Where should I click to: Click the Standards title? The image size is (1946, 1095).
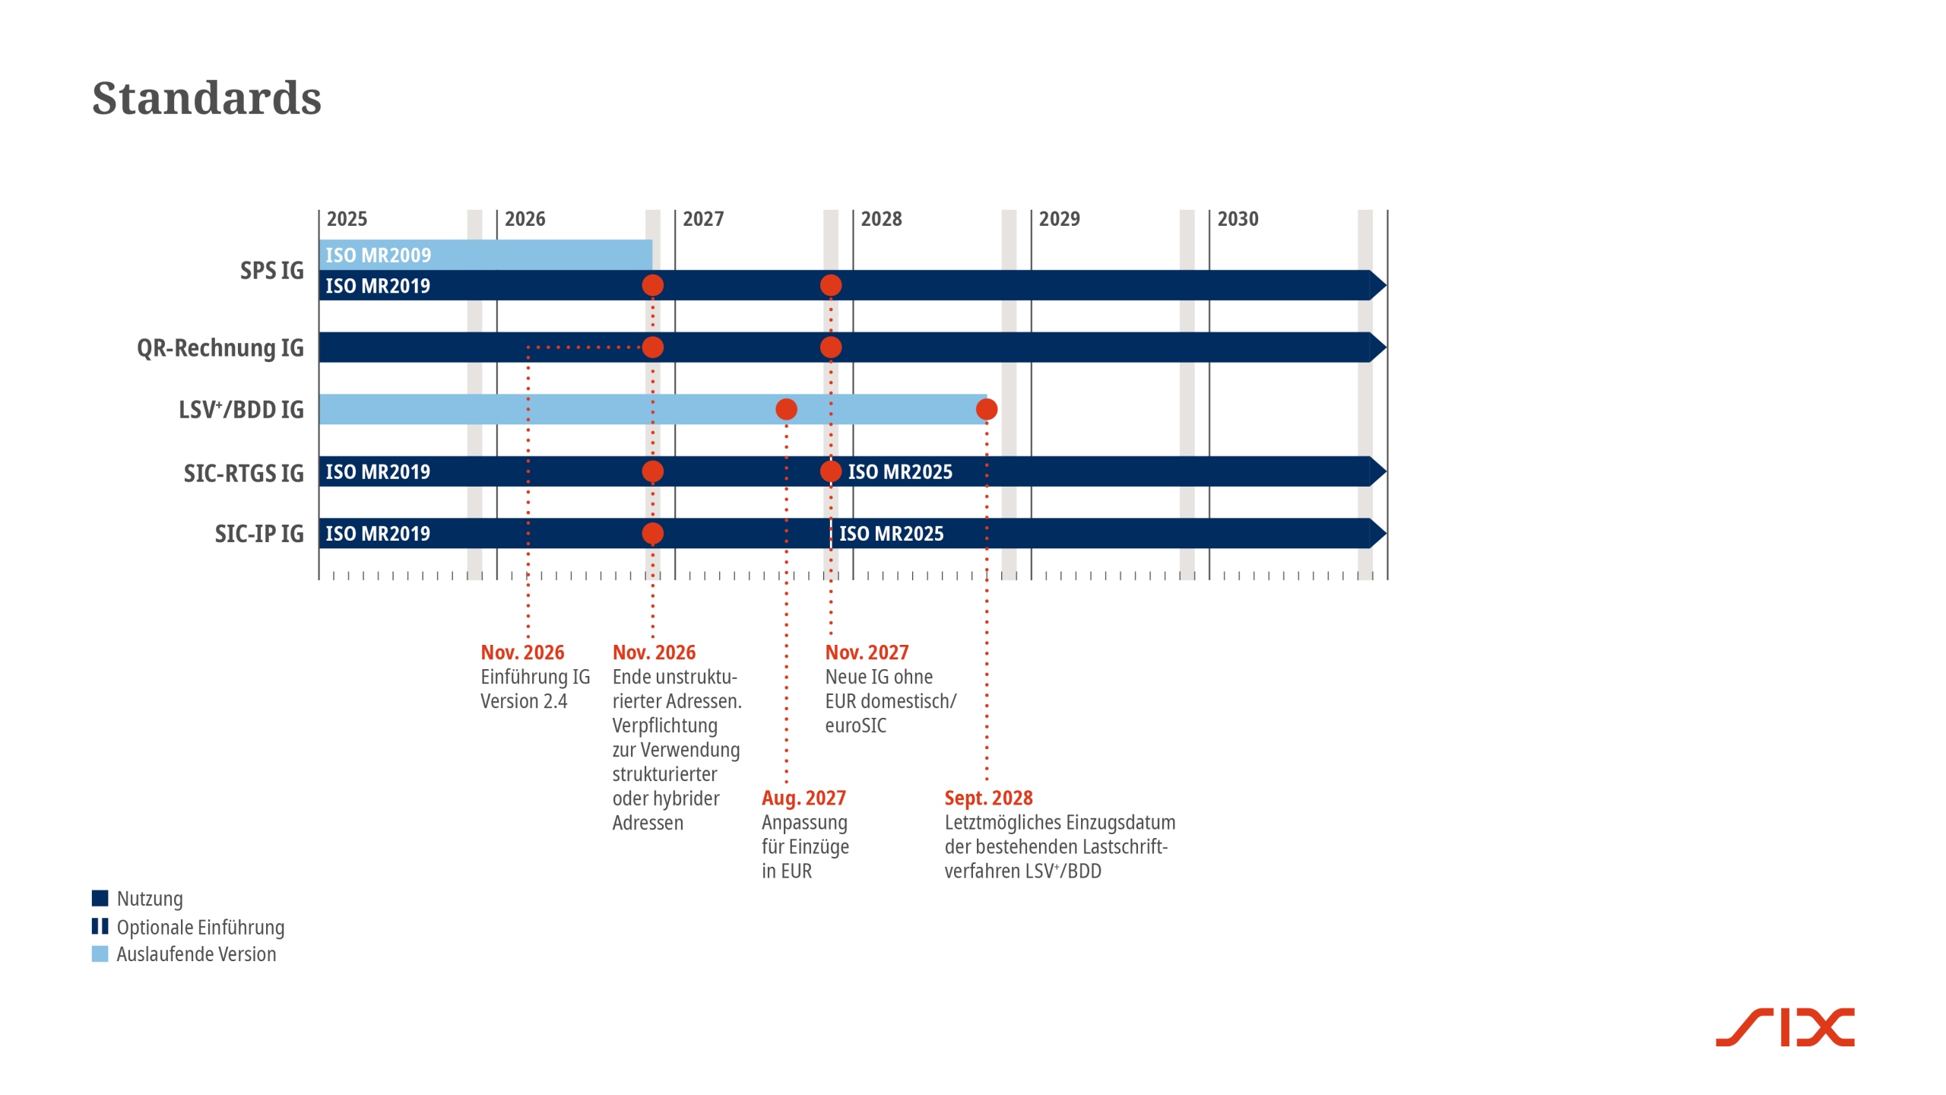pos(207,98)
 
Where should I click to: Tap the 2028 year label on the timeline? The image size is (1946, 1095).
pos(881,219)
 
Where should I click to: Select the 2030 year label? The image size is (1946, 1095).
pos(1238,219)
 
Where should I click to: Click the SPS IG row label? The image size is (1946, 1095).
pos(271,271)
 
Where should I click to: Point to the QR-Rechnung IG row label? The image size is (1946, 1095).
pos(220,348)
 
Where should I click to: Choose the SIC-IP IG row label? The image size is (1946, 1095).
pos(258,534)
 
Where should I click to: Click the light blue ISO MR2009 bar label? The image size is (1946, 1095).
pos(378,255)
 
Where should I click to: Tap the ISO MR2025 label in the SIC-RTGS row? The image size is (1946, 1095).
pos(900,472)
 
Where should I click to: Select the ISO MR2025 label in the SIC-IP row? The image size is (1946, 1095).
pos(891,534)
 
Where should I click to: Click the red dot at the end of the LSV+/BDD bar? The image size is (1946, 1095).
pos(986,410)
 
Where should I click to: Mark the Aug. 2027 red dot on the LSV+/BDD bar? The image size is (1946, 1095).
pos(786,410)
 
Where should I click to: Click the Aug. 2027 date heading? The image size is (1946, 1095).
pos(803,798)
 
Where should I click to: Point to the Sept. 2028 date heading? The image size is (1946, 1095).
pos(988,798)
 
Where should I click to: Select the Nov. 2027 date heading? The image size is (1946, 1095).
pos(867,652)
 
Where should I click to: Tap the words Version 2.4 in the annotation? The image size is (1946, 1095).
pos(524,701)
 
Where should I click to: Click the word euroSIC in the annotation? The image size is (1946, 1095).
pos(855,725)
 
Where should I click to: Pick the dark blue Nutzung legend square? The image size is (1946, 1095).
pos(100,898)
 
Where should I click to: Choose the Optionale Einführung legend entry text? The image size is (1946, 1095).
pos(201,927)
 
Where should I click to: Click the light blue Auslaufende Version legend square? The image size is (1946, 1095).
pos(100,954)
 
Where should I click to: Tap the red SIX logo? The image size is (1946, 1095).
pos(1784,1027)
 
